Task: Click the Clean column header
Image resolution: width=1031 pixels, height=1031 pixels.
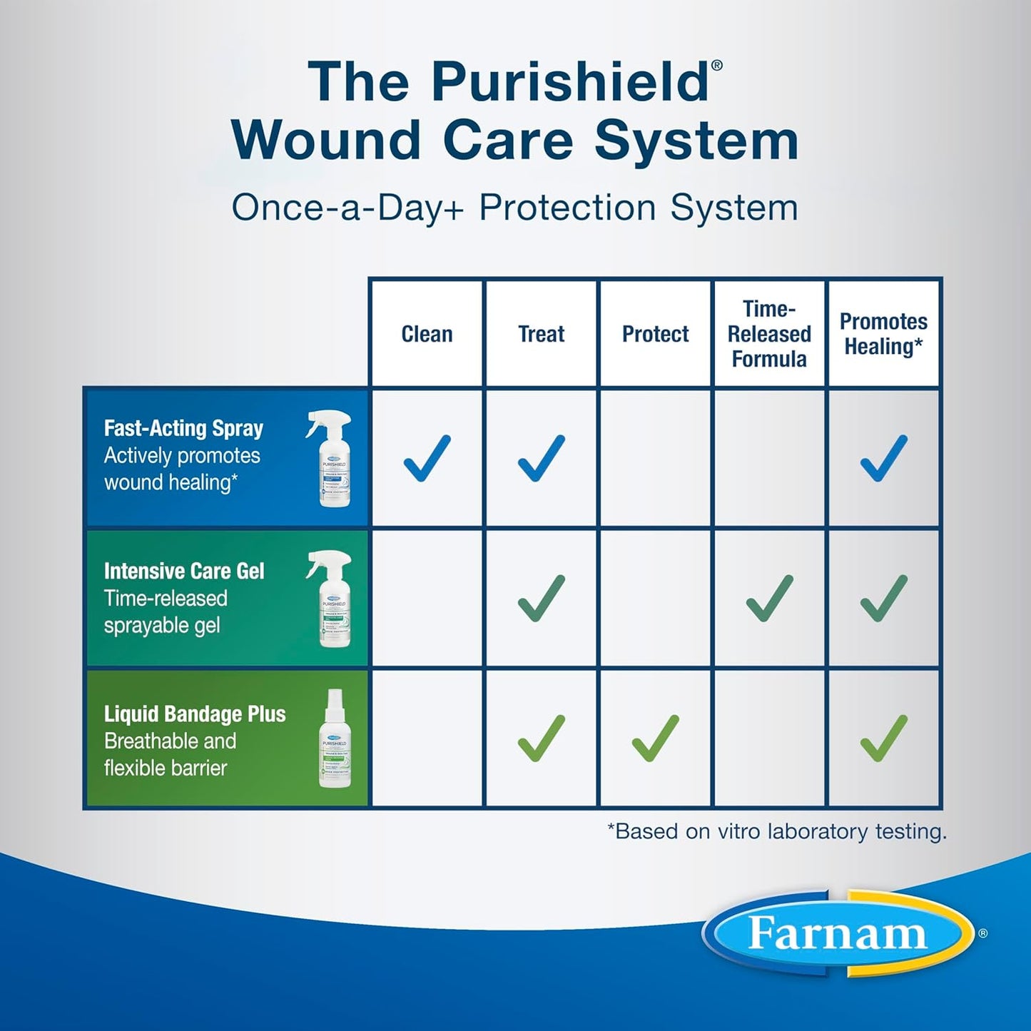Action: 427,334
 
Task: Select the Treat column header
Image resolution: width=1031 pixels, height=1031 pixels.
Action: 541,334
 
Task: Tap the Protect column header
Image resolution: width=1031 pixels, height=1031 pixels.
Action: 655,334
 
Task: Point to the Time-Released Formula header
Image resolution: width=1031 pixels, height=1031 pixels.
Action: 769,334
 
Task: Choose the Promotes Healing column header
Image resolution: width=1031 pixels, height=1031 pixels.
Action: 883,334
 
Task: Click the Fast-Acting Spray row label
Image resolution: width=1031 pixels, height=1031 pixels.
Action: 184,428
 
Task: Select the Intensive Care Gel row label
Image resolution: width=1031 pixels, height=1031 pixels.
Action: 184,571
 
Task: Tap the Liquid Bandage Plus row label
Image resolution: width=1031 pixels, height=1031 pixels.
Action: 195,713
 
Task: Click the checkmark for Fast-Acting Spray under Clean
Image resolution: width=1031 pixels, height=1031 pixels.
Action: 427,458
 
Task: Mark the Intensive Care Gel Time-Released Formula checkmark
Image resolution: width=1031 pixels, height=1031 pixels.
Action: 769,598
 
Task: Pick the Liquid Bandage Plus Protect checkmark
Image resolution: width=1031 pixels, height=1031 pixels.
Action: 655,738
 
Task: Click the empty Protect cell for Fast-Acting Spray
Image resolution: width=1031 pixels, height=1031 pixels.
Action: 655,458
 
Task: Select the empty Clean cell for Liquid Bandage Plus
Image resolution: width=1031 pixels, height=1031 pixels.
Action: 427,738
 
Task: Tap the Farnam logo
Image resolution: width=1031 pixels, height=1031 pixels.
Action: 838,933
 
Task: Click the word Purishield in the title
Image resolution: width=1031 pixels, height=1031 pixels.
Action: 569,82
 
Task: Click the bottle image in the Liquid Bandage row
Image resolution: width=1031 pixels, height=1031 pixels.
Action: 335,739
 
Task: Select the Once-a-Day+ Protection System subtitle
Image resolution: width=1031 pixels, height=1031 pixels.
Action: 514,208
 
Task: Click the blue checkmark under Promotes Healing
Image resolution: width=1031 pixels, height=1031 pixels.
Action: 883,458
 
